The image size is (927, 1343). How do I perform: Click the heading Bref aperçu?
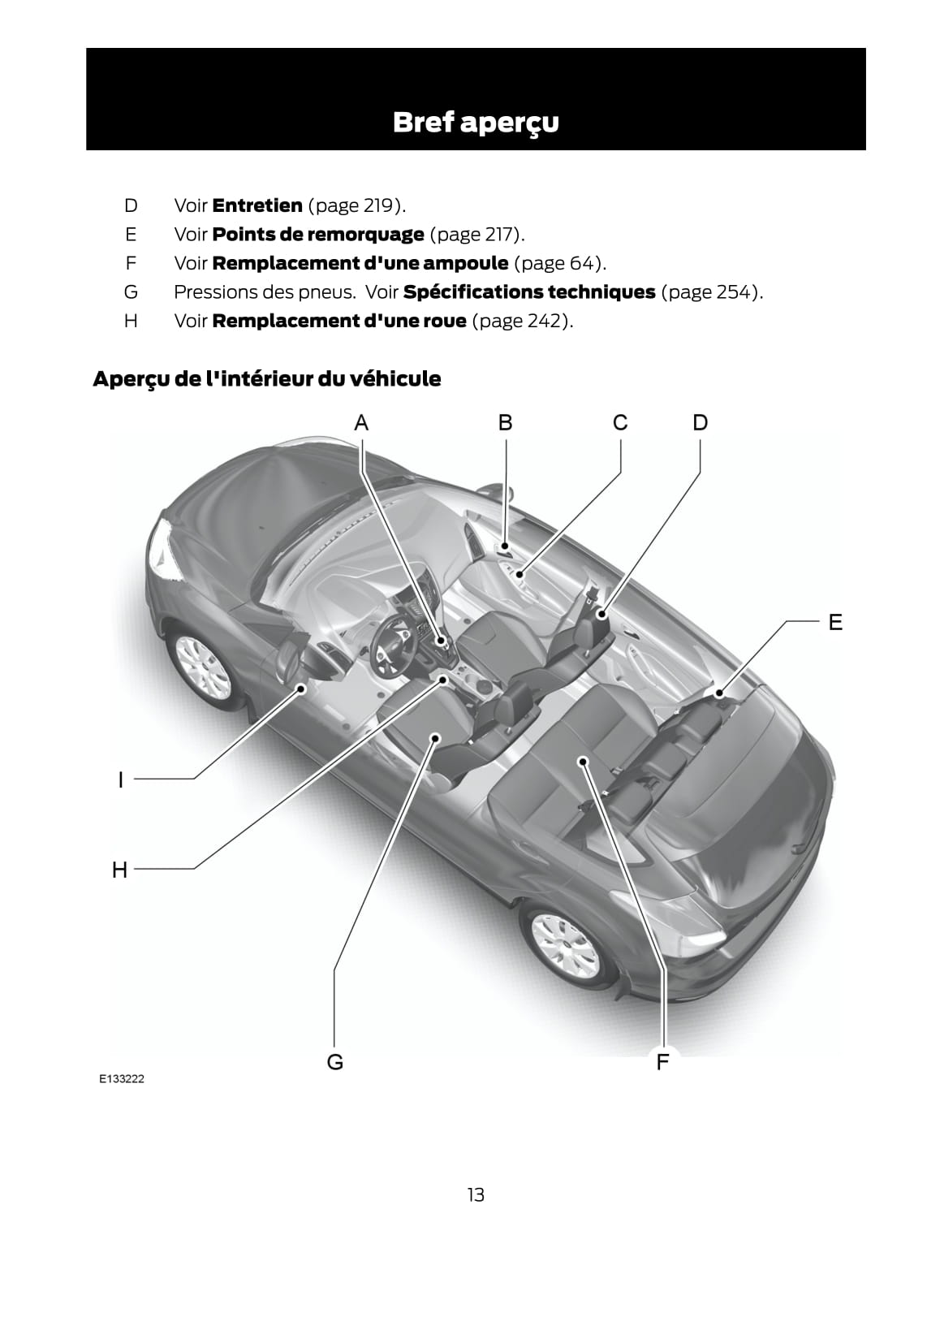(x=476, y=122)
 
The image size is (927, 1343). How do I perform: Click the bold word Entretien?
(x=257, y=205)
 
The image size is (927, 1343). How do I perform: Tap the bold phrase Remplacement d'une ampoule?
(x=360, y=263)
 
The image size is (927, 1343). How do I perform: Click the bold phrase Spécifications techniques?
(x=528, y=292)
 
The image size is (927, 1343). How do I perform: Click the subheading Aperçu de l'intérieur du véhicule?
(x=266, y=379)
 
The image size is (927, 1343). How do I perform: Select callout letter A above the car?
(x=361, y=423)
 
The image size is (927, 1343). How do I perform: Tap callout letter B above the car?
(x=505, y=423)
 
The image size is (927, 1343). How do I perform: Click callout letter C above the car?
(x=620, y=423)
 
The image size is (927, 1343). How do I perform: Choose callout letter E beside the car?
(x=834, y=623)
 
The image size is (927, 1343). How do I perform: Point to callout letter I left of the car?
(x=121, y=780)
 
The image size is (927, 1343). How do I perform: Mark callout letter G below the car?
(x=334, y=1062)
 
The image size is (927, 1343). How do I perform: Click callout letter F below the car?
(x=662, y=1062)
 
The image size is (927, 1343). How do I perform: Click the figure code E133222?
(x=122, y=1079)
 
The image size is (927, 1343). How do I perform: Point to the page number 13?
(x=476, y=1195)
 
